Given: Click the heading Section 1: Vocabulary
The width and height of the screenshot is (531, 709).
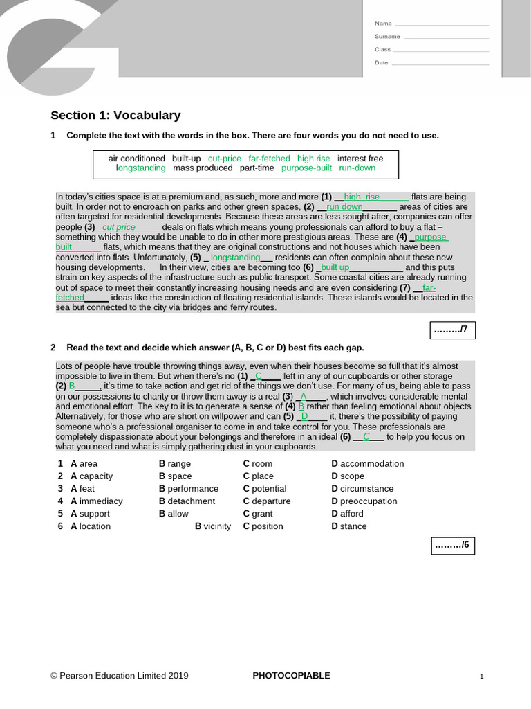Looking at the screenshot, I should [x=115, y=116].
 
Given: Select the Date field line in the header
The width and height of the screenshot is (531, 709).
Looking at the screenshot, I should [x=440, y=64].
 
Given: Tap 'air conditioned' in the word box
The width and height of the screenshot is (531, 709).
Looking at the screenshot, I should [x=137, y=159].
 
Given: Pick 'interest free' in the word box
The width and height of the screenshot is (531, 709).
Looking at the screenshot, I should [x=360, y=159].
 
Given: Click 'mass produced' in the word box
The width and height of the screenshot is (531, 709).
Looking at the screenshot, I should [x=203, y=168].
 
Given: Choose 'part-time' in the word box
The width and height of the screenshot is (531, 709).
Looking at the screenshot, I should [x=257, y=168].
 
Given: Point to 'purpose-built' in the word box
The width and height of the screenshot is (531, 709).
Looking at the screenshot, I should [x=306, y=168].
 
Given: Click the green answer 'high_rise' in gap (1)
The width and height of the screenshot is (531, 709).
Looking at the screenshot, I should [x=362, y=197].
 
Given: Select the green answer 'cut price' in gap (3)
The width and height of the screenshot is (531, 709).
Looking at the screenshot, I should [x=119, y=227].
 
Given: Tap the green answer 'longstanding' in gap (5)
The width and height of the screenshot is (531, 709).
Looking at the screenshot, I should [x=235, y=258].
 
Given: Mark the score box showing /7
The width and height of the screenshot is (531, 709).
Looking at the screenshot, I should [x=452, y=330].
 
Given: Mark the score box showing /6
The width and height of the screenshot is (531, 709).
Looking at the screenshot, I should [x=453, y=546].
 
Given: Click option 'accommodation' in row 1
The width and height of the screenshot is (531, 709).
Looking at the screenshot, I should [x=372, y=464].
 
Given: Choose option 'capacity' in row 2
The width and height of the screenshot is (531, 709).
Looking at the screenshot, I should [x=96, y=476].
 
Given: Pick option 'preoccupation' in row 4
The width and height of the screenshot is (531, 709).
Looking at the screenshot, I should [x=369, y=501].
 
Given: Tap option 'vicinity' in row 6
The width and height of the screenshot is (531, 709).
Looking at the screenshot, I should [x=217, y=526].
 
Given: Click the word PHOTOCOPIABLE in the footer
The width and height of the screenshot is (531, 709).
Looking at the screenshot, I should [x=291, y=676].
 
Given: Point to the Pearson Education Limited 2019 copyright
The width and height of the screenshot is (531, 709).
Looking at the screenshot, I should [x=119, y=676].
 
